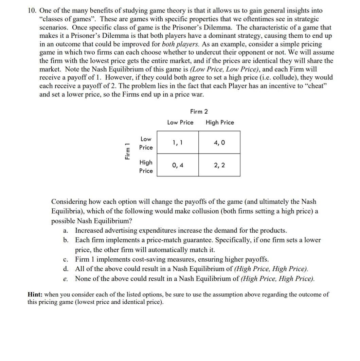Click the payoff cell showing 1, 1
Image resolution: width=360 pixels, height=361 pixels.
click(178, 143)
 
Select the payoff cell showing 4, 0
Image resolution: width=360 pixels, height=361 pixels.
click(219, 143)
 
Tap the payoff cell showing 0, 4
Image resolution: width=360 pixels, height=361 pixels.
click(178, 166)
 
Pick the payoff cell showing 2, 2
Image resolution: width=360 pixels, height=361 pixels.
click(219, 166)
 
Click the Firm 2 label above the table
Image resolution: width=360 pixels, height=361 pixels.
click(199, 112)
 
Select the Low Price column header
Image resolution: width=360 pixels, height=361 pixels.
click(180, 122)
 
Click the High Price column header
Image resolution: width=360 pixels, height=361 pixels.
click(220, 122)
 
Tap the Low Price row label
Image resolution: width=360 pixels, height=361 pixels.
click(146, 143)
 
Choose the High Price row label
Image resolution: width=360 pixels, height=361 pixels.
click(146, 167)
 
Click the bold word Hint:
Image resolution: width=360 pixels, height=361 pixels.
click(35, 294)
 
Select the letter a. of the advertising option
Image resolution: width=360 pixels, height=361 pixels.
click(66, 231)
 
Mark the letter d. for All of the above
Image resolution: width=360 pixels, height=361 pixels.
click(66, 269)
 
